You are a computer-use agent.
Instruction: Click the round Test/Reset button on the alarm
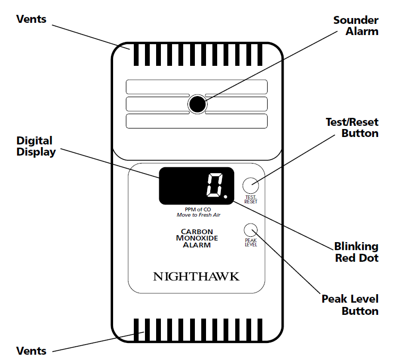(x=251, y=185)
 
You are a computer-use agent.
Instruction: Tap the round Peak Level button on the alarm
(x=251, y=230)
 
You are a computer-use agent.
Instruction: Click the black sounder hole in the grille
(x=197, y=104)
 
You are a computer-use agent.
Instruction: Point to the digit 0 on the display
(x=214, y=186)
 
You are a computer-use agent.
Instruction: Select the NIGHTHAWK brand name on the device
(x=196, y=277)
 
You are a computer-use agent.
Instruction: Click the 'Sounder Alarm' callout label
(x=356, y=25)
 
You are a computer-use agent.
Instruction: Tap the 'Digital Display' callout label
(x=35, y=146)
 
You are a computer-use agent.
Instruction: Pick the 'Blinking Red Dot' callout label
(x=356, y=252)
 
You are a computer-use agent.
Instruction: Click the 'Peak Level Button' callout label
(x=350, y=305)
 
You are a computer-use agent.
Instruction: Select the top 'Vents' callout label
(x=31, y=19)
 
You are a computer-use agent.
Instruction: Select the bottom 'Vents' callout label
(x=31, y=350)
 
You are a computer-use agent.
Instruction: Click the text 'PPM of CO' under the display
(x=198, y=210)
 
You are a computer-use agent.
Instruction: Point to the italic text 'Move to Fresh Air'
(x=198, y=215)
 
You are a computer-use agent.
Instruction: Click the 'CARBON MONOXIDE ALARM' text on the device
(x=197, y=238)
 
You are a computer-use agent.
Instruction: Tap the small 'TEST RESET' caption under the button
(x=251, y=199)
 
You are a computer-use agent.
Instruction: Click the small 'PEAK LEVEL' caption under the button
(x=251, y=243)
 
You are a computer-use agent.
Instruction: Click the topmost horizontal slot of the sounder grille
(x=196, y=86)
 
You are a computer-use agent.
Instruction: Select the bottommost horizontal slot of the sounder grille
(x=196, y=121)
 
